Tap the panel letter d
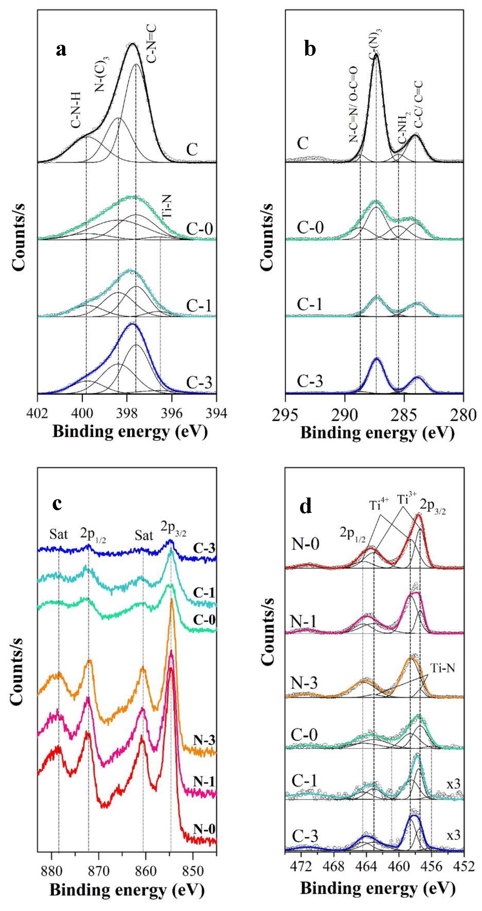306,506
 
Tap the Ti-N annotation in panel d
442,668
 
